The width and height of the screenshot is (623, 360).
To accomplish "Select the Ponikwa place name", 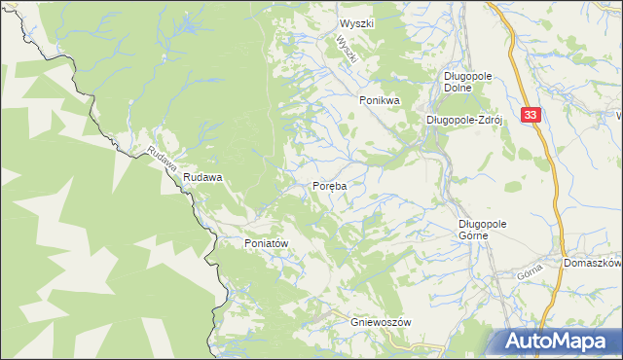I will pos(380,100).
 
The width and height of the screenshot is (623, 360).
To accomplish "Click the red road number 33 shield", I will pos(530,115).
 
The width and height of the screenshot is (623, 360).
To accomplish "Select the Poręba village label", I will pos(330,185).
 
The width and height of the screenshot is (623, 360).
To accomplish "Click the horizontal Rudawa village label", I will pos(203,178).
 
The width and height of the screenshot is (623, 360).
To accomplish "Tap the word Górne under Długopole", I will pos(479,234).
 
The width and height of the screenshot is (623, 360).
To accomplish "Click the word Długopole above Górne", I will pos(479,223).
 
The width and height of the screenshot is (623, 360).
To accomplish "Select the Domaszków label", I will pos(592,264).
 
